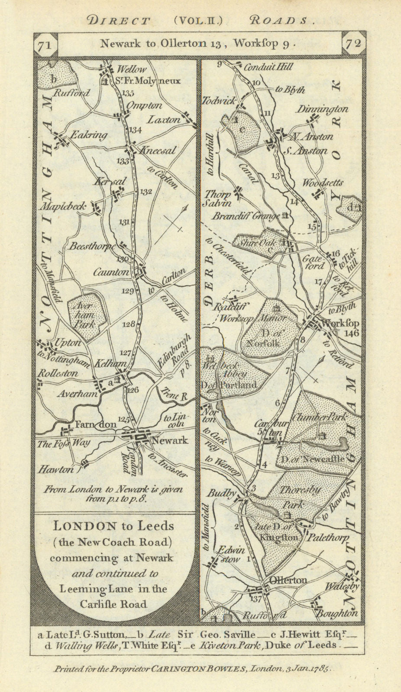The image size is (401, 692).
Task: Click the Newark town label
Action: pyautogui.click(x=169, y=440)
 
